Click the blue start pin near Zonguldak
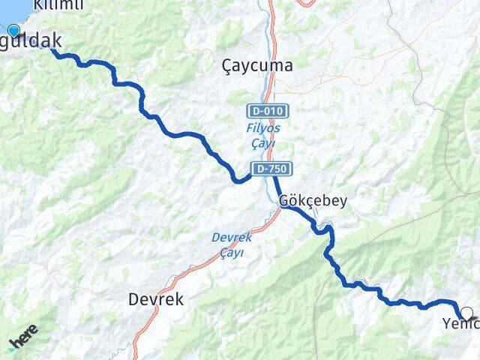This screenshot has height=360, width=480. tap(13, 31)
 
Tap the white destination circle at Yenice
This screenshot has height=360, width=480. tap(467, 313)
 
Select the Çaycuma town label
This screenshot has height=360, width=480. tap(258, 66)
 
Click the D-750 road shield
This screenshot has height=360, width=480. tap(271, 168)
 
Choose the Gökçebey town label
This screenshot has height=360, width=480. tap(313, 201)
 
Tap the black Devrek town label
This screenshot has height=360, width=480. tap(156, 299)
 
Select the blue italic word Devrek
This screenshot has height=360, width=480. tap(232, 237)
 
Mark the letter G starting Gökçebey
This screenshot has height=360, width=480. tap(283, 201)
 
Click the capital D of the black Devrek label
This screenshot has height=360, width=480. tap(133, 299)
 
